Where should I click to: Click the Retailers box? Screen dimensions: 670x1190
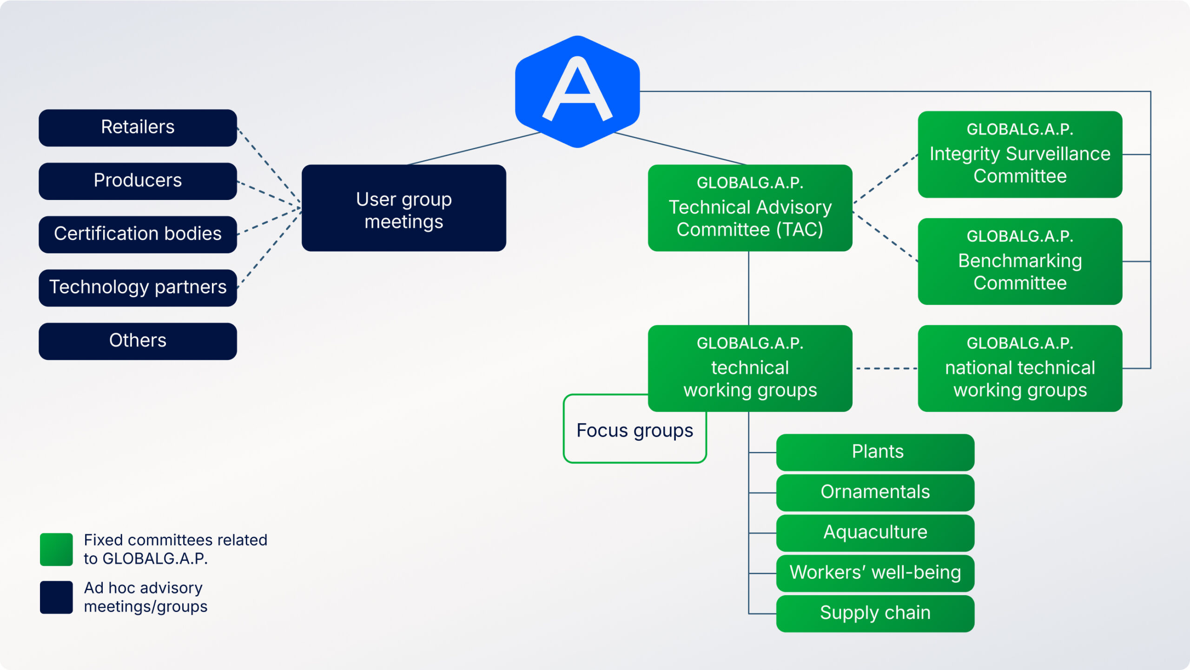pos(138,128)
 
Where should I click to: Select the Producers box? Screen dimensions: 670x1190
pos(138,181)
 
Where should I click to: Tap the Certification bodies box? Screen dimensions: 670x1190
pos(138,234)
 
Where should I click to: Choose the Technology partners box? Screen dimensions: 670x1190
pos(138,288)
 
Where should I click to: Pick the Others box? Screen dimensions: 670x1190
pos(138,341)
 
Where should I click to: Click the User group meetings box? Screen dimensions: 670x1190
pos(403,208)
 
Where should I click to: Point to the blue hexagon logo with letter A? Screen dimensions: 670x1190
pos(577,92)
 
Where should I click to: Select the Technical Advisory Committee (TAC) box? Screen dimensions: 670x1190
pos(750,208)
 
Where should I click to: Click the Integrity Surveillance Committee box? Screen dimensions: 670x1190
pos(1020,154)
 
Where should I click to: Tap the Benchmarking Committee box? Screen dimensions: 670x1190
pos(1020,261)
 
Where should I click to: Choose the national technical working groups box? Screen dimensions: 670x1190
pos(1020,368)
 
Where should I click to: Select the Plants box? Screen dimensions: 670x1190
pos(875,452)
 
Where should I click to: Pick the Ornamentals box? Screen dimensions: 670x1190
pos(875,492)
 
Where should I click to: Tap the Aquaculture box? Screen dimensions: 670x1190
pos(875,533)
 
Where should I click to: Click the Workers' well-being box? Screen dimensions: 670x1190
pos(875,573)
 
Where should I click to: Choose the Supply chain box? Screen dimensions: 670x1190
pos(875,614)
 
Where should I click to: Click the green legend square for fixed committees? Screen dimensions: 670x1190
pos(56,549)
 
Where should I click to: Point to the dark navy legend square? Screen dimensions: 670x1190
pos(56,597)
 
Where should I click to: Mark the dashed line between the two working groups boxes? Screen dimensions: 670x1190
pos(886,368)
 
